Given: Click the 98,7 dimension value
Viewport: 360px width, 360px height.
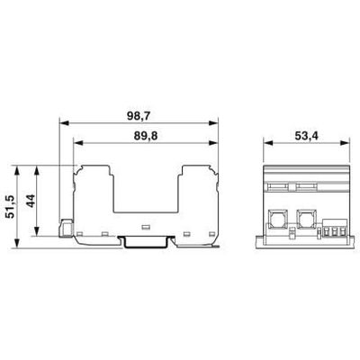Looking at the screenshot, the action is coord(138,116).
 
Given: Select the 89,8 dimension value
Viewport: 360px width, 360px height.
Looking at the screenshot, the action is coord(146,136).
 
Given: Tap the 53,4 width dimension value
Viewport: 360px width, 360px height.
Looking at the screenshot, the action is coord(306,136).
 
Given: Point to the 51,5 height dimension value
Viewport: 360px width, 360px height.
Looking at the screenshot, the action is coord(11,206).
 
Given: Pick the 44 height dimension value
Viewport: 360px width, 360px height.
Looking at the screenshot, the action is coord(31,201).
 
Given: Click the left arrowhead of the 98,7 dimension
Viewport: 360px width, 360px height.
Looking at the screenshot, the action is coord(64,123).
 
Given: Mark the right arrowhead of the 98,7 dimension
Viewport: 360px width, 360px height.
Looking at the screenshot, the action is coord(213,123).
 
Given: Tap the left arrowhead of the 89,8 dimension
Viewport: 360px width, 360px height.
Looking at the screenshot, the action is coord(78,143).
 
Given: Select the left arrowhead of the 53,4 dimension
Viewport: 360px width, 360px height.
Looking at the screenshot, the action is coord(268,143).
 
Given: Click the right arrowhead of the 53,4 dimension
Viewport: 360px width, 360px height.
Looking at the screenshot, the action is coord(345,143).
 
